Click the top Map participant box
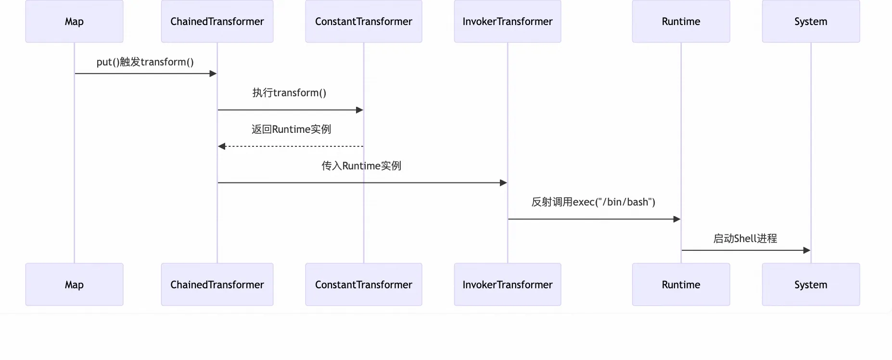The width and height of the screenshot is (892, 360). point(74,21)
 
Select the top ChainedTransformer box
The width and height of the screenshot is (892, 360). point(217,21)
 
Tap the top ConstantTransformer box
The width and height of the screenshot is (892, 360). point(363,21)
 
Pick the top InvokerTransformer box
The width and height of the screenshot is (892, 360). point(507,21)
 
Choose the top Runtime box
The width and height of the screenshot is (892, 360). point(681,21)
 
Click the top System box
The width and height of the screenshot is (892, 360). point(811,21)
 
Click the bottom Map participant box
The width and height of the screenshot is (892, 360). point(74,284)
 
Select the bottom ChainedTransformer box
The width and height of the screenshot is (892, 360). point(217,284)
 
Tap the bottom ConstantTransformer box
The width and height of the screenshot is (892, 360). point(363,284)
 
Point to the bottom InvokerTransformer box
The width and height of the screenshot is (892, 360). point(507,284)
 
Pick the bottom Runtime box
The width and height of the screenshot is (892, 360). point(681,284)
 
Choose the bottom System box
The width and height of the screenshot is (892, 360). point(811,284)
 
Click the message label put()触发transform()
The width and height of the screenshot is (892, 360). point(145,62)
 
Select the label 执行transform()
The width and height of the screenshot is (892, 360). point(289,93)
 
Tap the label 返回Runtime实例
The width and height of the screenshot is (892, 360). point(291,129)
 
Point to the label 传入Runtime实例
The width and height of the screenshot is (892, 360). point(361,166)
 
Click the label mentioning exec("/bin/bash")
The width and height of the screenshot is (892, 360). point(593,202)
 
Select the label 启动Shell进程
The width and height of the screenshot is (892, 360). point(745,239)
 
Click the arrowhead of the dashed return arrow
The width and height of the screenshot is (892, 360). point(221,146)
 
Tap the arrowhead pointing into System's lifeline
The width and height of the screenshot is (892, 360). point(807,250)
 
